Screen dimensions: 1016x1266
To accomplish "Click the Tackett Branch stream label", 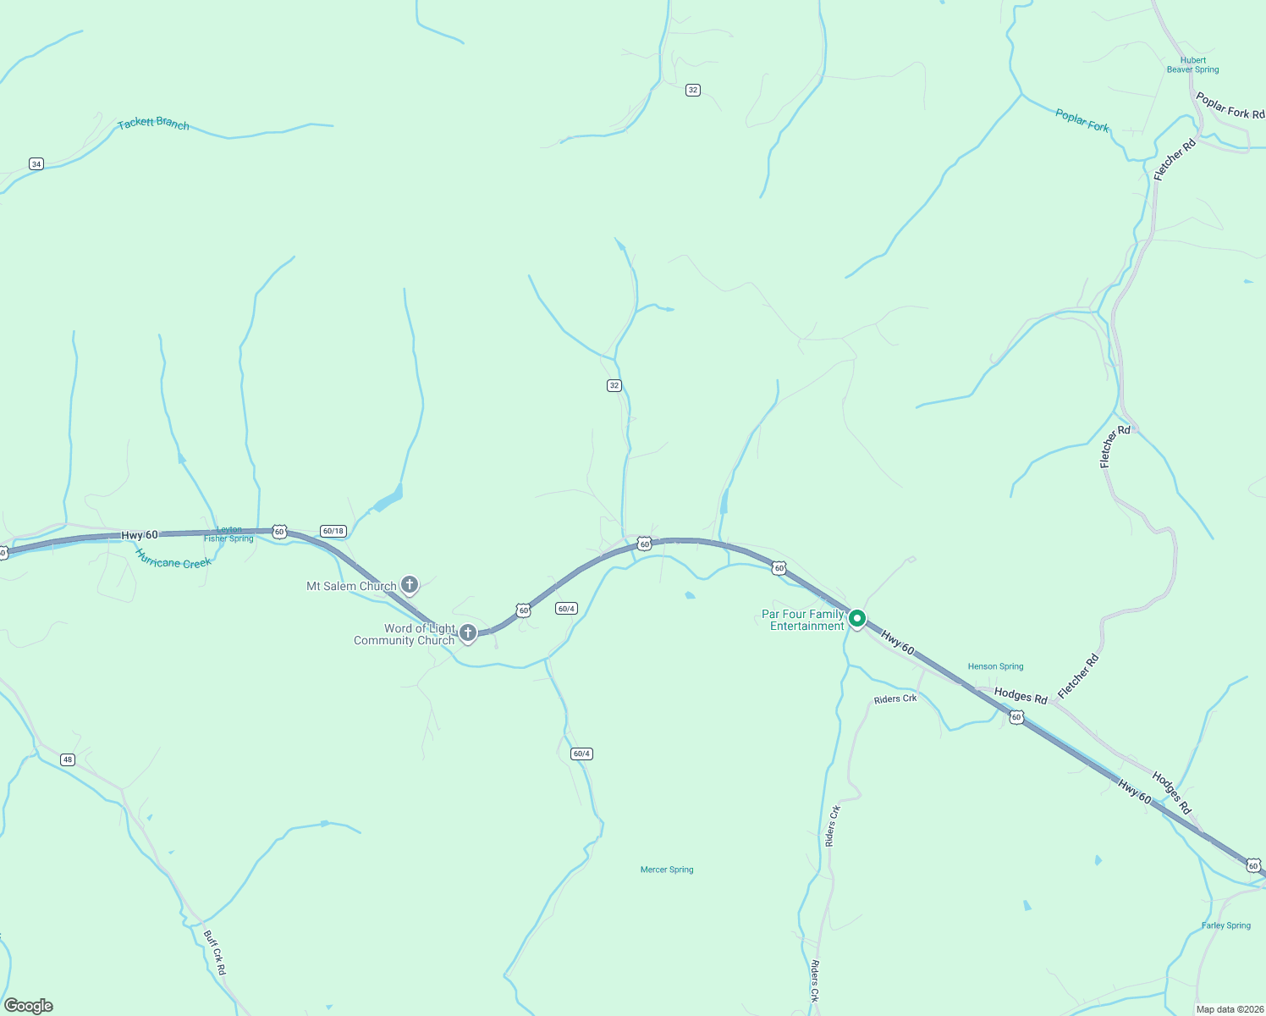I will click(x=153, y=124).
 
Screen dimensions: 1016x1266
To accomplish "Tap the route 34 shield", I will click(x=36, y=163).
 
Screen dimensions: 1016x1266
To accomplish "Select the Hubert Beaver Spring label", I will click(x=1192, y=65).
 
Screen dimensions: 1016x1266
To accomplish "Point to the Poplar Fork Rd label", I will click(x=1230, y=106).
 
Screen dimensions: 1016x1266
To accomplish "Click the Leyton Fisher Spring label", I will click(x=228, y=534).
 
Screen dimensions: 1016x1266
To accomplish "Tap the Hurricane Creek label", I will click(x=173, y=559).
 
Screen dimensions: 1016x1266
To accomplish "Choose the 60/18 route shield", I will click(x=333, y=531).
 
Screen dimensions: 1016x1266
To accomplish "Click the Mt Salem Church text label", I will click(x=351, y=586).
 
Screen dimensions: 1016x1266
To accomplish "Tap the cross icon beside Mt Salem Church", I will click(x=410, y=584).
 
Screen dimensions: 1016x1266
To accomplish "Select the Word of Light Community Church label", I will click(x=405, y=634).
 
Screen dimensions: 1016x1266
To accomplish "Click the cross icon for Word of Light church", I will click(x=467, y=632).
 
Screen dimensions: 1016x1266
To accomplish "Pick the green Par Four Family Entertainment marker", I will click(x=856, y=619).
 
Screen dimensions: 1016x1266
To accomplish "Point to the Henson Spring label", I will click(x=995, y=666).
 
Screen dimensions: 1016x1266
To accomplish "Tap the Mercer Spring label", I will click(x=667, y=870).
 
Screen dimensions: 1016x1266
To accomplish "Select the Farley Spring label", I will click(x=1225, y=925).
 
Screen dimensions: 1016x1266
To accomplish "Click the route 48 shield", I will click(x=68, y=759).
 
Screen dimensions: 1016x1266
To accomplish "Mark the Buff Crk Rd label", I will click(x=215, y=952).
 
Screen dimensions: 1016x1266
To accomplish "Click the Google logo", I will click(x=29, y=1006).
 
